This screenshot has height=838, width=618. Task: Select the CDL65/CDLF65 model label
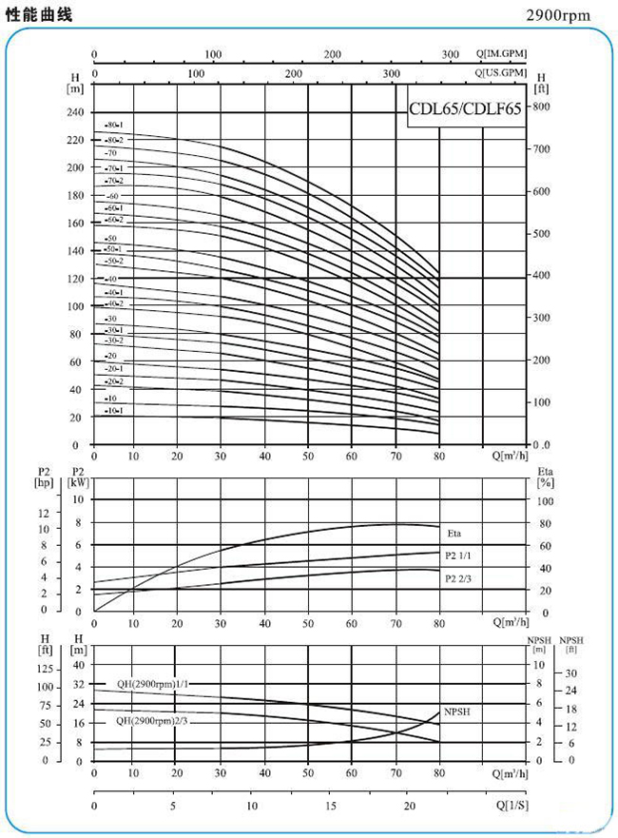click(465, 108)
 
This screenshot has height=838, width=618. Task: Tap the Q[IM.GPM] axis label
click(502, 55)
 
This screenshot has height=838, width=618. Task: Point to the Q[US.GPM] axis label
click(502, 72)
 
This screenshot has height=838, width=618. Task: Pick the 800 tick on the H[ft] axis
click(541, 107)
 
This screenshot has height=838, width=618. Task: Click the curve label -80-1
click(114, 126)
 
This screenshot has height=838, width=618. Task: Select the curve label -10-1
click(114, 410)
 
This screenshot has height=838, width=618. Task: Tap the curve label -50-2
click(114, 261)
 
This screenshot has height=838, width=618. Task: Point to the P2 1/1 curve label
click(458, 555)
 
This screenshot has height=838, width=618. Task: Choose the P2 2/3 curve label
click(458, 577)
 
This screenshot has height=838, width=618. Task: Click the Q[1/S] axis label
click(512, 805)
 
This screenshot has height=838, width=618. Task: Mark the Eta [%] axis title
click(545, 477)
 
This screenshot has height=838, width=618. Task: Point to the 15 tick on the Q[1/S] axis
click(331, 805)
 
